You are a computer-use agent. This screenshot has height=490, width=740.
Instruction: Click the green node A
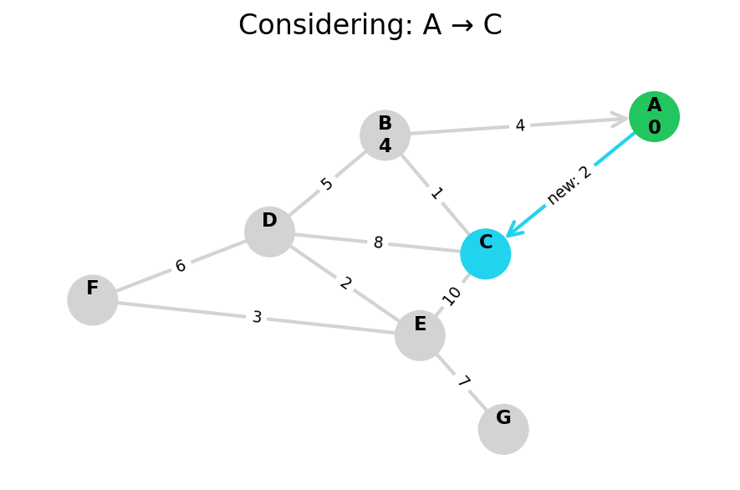654,116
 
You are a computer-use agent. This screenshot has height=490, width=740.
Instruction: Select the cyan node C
485,253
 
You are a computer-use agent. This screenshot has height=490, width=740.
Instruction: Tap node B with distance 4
385,135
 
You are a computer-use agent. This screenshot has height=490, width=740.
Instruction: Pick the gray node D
269,232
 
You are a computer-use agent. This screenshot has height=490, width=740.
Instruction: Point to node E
420,335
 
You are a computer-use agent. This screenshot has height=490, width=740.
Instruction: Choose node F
92,299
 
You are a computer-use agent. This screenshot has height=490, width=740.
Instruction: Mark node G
503,429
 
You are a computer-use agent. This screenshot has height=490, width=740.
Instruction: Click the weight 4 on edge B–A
519,125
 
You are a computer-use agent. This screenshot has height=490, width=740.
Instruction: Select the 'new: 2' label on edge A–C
569,185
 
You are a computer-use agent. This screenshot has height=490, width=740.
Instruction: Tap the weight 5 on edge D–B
327,184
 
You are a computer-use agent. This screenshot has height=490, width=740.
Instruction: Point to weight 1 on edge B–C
436,194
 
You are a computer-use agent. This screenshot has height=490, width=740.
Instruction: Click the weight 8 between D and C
378,242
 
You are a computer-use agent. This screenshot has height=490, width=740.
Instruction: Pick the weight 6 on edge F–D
181,266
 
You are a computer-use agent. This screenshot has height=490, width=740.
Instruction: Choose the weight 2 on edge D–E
345,283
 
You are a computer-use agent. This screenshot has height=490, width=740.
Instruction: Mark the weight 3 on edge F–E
257,317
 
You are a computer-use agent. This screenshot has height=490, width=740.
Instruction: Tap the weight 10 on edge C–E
452,295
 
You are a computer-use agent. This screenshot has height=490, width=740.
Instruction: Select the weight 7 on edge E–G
462,382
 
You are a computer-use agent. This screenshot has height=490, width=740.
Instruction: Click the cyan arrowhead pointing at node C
513,230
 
